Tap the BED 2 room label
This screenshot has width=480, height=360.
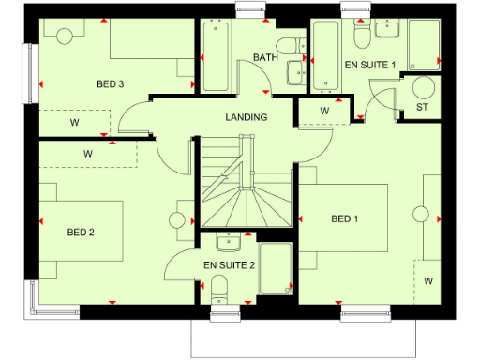tap(82, 232)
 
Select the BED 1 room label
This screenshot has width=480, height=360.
tap(345, 219)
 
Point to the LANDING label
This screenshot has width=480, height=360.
tap(247, 117)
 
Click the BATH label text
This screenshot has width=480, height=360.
tap(265, 58)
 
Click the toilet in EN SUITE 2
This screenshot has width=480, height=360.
tap(218, 286)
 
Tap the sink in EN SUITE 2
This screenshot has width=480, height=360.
tap(228, 244)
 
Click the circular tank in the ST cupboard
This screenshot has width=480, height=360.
tap(424, 88)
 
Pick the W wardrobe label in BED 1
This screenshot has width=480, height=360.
tap(428, 280)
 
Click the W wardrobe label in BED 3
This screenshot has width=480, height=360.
tap(74, 122)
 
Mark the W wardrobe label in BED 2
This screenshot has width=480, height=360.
tap(88, 152)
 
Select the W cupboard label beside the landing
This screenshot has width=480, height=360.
tap(325, 111)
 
